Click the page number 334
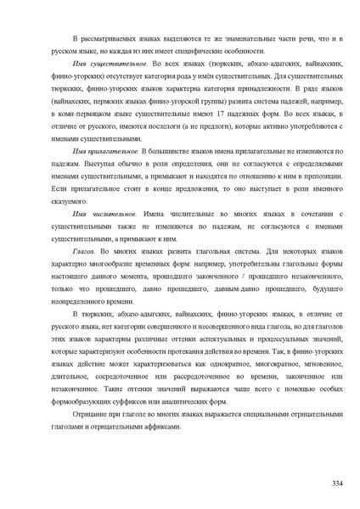click(x=336, y=483)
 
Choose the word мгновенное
click(x=312, y=361)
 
